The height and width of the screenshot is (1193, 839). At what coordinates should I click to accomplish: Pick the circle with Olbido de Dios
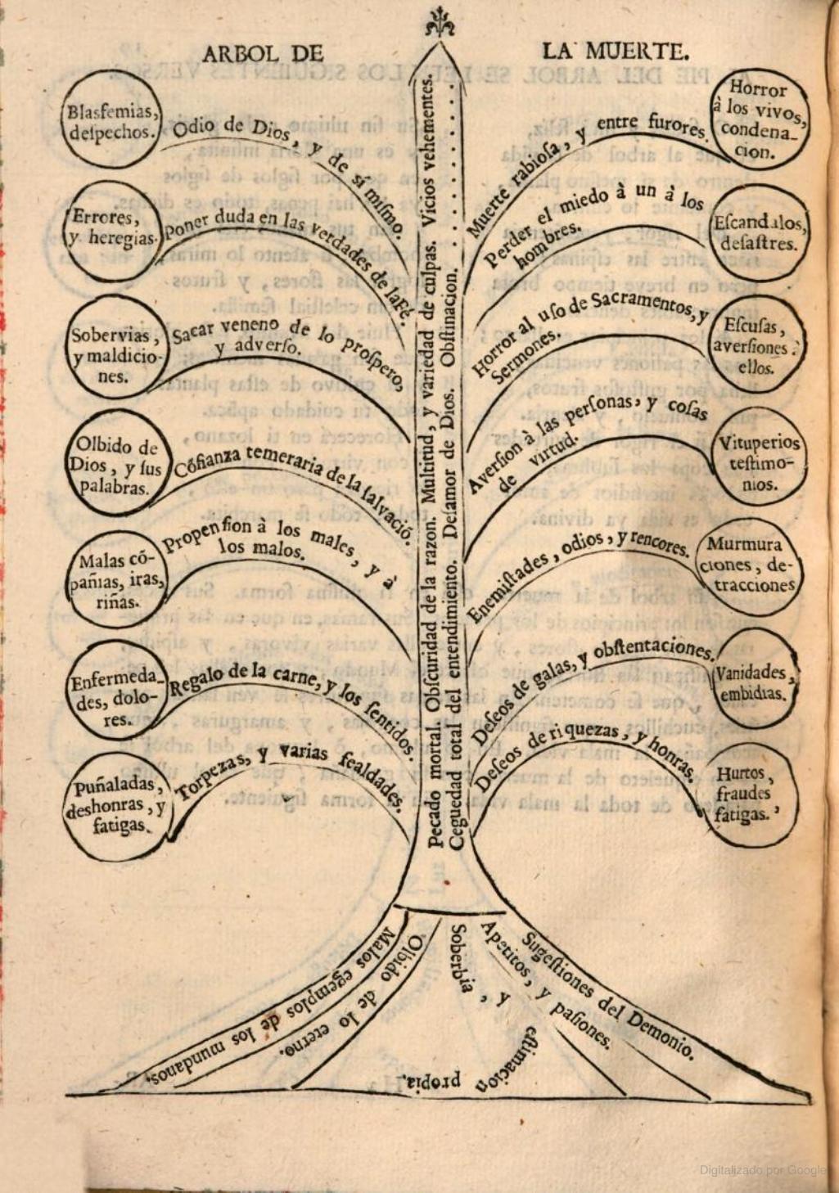(x=115, y=466)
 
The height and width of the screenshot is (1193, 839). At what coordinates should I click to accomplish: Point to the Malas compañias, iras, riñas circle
(x=113, y=581)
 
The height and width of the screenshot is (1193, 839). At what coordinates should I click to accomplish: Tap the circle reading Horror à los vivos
(x=759, y=119)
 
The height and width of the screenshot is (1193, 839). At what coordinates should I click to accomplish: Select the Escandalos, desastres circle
(x=760, y=232)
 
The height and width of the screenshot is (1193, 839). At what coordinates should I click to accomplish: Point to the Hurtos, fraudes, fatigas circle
(x=747, y=793)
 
